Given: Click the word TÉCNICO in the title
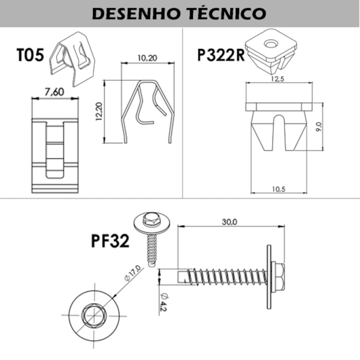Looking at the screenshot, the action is (227, 14).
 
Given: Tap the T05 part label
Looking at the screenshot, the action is (30, 55).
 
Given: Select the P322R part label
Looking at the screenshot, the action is (221, 55).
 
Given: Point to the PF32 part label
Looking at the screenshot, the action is (110, 241).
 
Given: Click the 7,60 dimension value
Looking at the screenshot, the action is (54, 92).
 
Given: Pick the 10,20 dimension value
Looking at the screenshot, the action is (147, 58).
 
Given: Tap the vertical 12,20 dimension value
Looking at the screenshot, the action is (99, 112).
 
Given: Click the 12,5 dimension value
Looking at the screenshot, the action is (278, 79).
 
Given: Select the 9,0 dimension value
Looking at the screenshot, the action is (319, 127).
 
